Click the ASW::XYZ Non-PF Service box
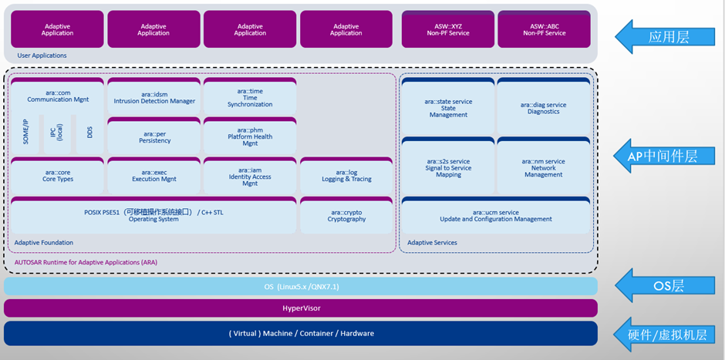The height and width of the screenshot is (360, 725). pos(448,30)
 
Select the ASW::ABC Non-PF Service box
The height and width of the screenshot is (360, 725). pos(545,30)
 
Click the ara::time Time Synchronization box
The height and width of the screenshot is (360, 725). pos(250,97)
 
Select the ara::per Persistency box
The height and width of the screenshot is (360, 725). pos(153,137)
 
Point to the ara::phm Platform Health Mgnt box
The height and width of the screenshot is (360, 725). pos(250,137)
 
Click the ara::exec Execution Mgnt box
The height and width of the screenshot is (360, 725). pos(153,177)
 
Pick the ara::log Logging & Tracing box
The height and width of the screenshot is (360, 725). pos(346,177)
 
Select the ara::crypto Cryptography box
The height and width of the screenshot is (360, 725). pos(346,217)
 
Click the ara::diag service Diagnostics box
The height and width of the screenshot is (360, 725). pos(544,108)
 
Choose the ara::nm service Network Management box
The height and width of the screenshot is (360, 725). pos(544,168)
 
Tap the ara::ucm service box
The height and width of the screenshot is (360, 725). pos(496,216)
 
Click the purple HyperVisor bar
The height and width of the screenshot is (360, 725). pos(301,308)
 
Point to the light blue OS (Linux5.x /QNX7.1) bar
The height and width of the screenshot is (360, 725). pos(301,287)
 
